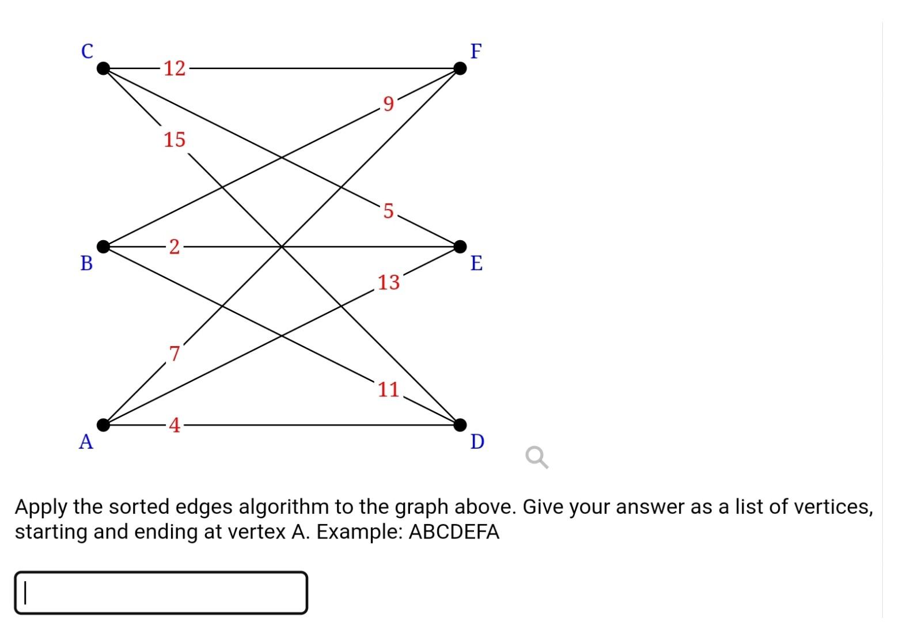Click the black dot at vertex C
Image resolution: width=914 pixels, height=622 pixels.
103,69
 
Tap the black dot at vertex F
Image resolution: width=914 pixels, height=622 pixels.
460,69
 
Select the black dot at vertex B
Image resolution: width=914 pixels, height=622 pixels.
103,246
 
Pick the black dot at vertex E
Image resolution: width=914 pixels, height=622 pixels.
460,246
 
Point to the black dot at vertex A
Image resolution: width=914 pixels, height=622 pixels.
103,425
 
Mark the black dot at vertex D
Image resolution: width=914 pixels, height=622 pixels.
460,425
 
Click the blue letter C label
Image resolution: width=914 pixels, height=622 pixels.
87,51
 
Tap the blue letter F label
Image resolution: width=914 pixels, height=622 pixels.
476,51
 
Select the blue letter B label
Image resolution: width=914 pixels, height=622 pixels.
86,263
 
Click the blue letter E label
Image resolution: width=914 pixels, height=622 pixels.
476,263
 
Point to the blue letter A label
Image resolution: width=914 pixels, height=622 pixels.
86,442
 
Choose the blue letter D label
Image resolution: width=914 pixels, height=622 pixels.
477,442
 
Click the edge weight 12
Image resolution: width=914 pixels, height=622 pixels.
175,69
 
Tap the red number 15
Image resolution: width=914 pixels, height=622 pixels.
175,139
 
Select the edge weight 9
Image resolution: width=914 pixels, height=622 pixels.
389,104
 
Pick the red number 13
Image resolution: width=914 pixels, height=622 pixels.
389,282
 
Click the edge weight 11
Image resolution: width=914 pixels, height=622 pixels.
389,390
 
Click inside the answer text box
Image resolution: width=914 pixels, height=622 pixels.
161,593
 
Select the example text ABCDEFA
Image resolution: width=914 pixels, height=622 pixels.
453,532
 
